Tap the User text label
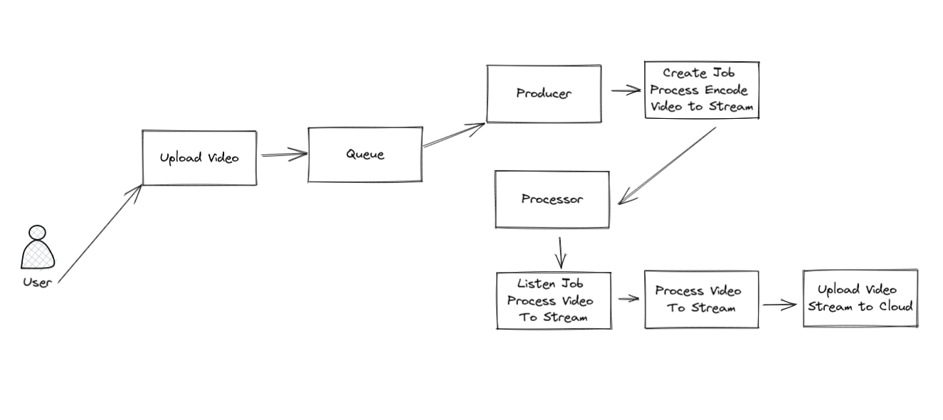pyautogui.click(x=37, y=282)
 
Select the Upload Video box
pyautogui.click(x=199, y=158)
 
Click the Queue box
pyautogui.click(x=365, y=154)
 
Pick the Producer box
pyautogui.click(x=544, y=94)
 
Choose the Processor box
pyautogui.click(x=552, y=199)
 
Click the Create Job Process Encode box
pyautogui.click(x=702, y=90)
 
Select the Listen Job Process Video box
pyautogui.click(x=554, y=300)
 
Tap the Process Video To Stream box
pyautogui.click(x=702, y=300)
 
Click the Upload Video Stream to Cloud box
pyautogui.click(x=860, y=298)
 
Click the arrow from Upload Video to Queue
pyautogui.click(x=283, y=155)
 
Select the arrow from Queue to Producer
pyautogui.click(x=454, y=135)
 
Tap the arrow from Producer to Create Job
pyautogui.click(x=626, y=90)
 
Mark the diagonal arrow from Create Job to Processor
pyautogui.click(x=668, y=166)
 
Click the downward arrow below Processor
pyautogui.click(x=561, y=251)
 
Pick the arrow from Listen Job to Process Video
pyautogui.click(x=628, y=299)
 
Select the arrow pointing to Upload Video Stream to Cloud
pyautogui.click(x=779, y=305)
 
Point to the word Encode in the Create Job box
pyautogui.click(x=727, y=90)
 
